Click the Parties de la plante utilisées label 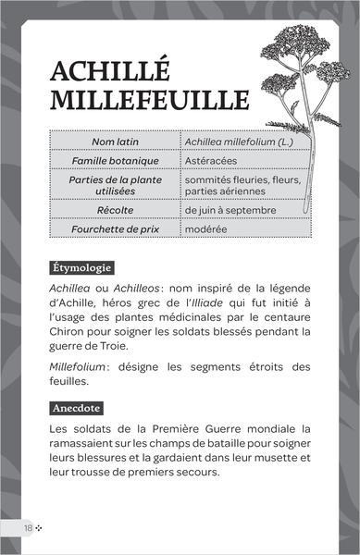click(116, 185)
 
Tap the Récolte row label click(116, 210)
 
